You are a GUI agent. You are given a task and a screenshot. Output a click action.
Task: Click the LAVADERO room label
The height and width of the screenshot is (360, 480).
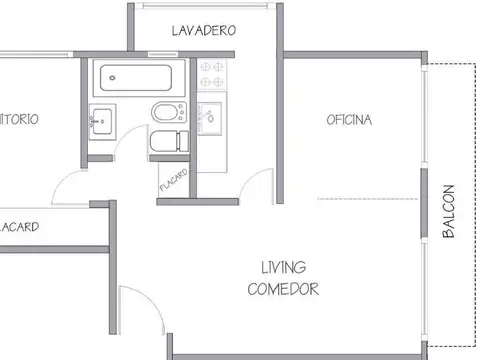(x=203, y=31)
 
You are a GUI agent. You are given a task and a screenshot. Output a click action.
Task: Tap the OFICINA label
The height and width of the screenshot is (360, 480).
(x=349, y=121)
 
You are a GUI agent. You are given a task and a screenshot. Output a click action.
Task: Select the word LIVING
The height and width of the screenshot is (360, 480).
(x=284, y=268)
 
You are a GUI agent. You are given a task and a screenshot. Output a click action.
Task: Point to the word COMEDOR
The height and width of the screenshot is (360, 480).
(x=283, y=290)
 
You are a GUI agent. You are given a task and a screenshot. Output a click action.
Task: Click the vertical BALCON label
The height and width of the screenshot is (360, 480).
(x=448, y=210)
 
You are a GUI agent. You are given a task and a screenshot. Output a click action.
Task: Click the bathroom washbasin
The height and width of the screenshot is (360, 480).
(x=102, y=122)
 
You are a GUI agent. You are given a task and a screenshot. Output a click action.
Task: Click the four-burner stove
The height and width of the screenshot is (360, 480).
(x=213, y=76)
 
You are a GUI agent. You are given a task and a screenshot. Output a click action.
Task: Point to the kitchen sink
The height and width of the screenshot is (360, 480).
(x=212, y=116)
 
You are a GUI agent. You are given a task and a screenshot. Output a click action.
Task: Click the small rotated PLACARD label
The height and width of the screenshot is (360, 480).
(x=172, y=180)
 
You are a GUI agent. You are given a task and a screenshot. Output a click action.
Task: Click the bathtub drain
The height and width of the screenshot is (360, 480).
(x=109, y=76)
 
